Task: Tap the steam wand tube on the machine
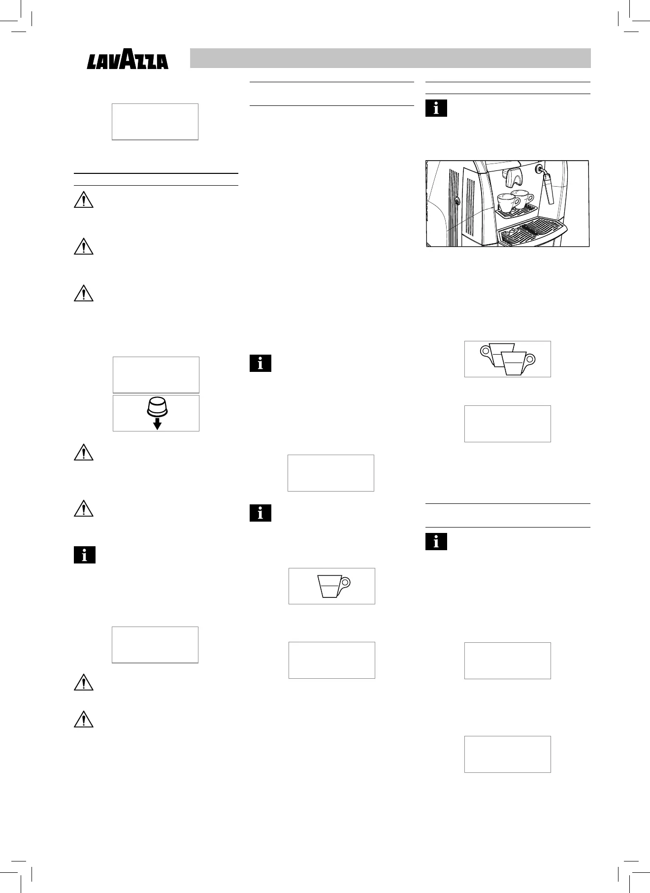tap(548, 190)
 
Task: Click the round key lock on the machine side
tap(457, 201)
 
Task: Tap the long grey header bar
tap(390, 58)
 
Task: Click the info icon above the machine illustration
tap(436, 108)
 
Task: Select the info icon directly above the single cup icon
tap(260, 513)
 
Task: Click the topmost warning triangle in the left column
tap(83, 200)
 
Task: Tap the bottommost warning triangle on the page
tap(83, 720)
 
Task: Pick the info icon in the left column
tap(84, 555)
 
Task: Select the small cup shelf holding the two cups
tap(515, 212)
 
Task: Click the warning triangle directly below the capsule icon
tap(83, 453)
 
